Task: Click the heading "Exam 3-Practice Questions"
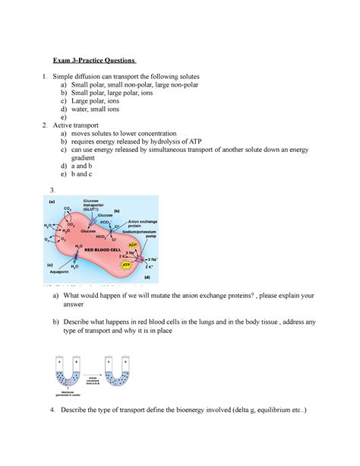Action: (93, 61)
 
